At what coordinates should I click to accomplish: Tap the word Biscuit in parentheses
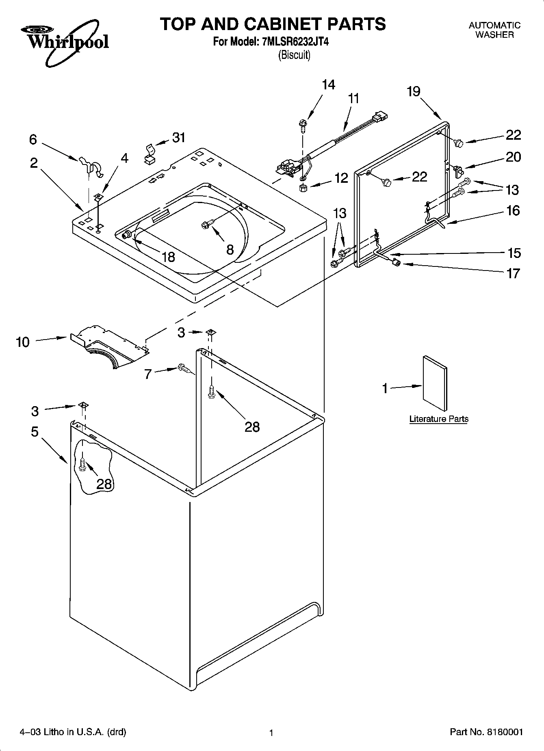294,55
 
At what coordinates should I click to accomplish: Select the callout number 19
413,91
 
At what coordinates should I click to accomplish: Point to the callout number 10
23,342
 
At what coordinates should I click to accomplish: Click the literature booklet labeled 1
434,383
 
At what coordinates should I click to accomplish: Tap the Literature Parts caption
438,419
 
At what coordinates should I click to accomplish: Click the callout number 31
179,138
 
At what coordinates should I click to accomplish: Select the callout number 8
230,249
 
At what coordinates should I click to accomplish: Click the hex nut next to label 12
302,188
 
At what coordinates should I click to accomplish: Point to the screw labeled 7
183,368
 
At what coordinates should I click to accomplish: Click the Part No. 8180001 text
486,732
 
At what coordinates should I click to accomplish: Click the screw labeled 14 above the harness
302,123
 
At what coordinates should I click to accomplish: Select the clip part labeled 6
92,167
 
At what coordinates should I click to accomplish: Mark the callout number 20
513,157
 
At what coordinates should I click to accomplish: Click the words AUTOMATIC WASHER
494,30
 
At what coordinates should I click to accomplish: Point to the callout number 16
513,210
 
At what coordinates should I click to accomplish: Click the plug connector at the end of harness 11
380,117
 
